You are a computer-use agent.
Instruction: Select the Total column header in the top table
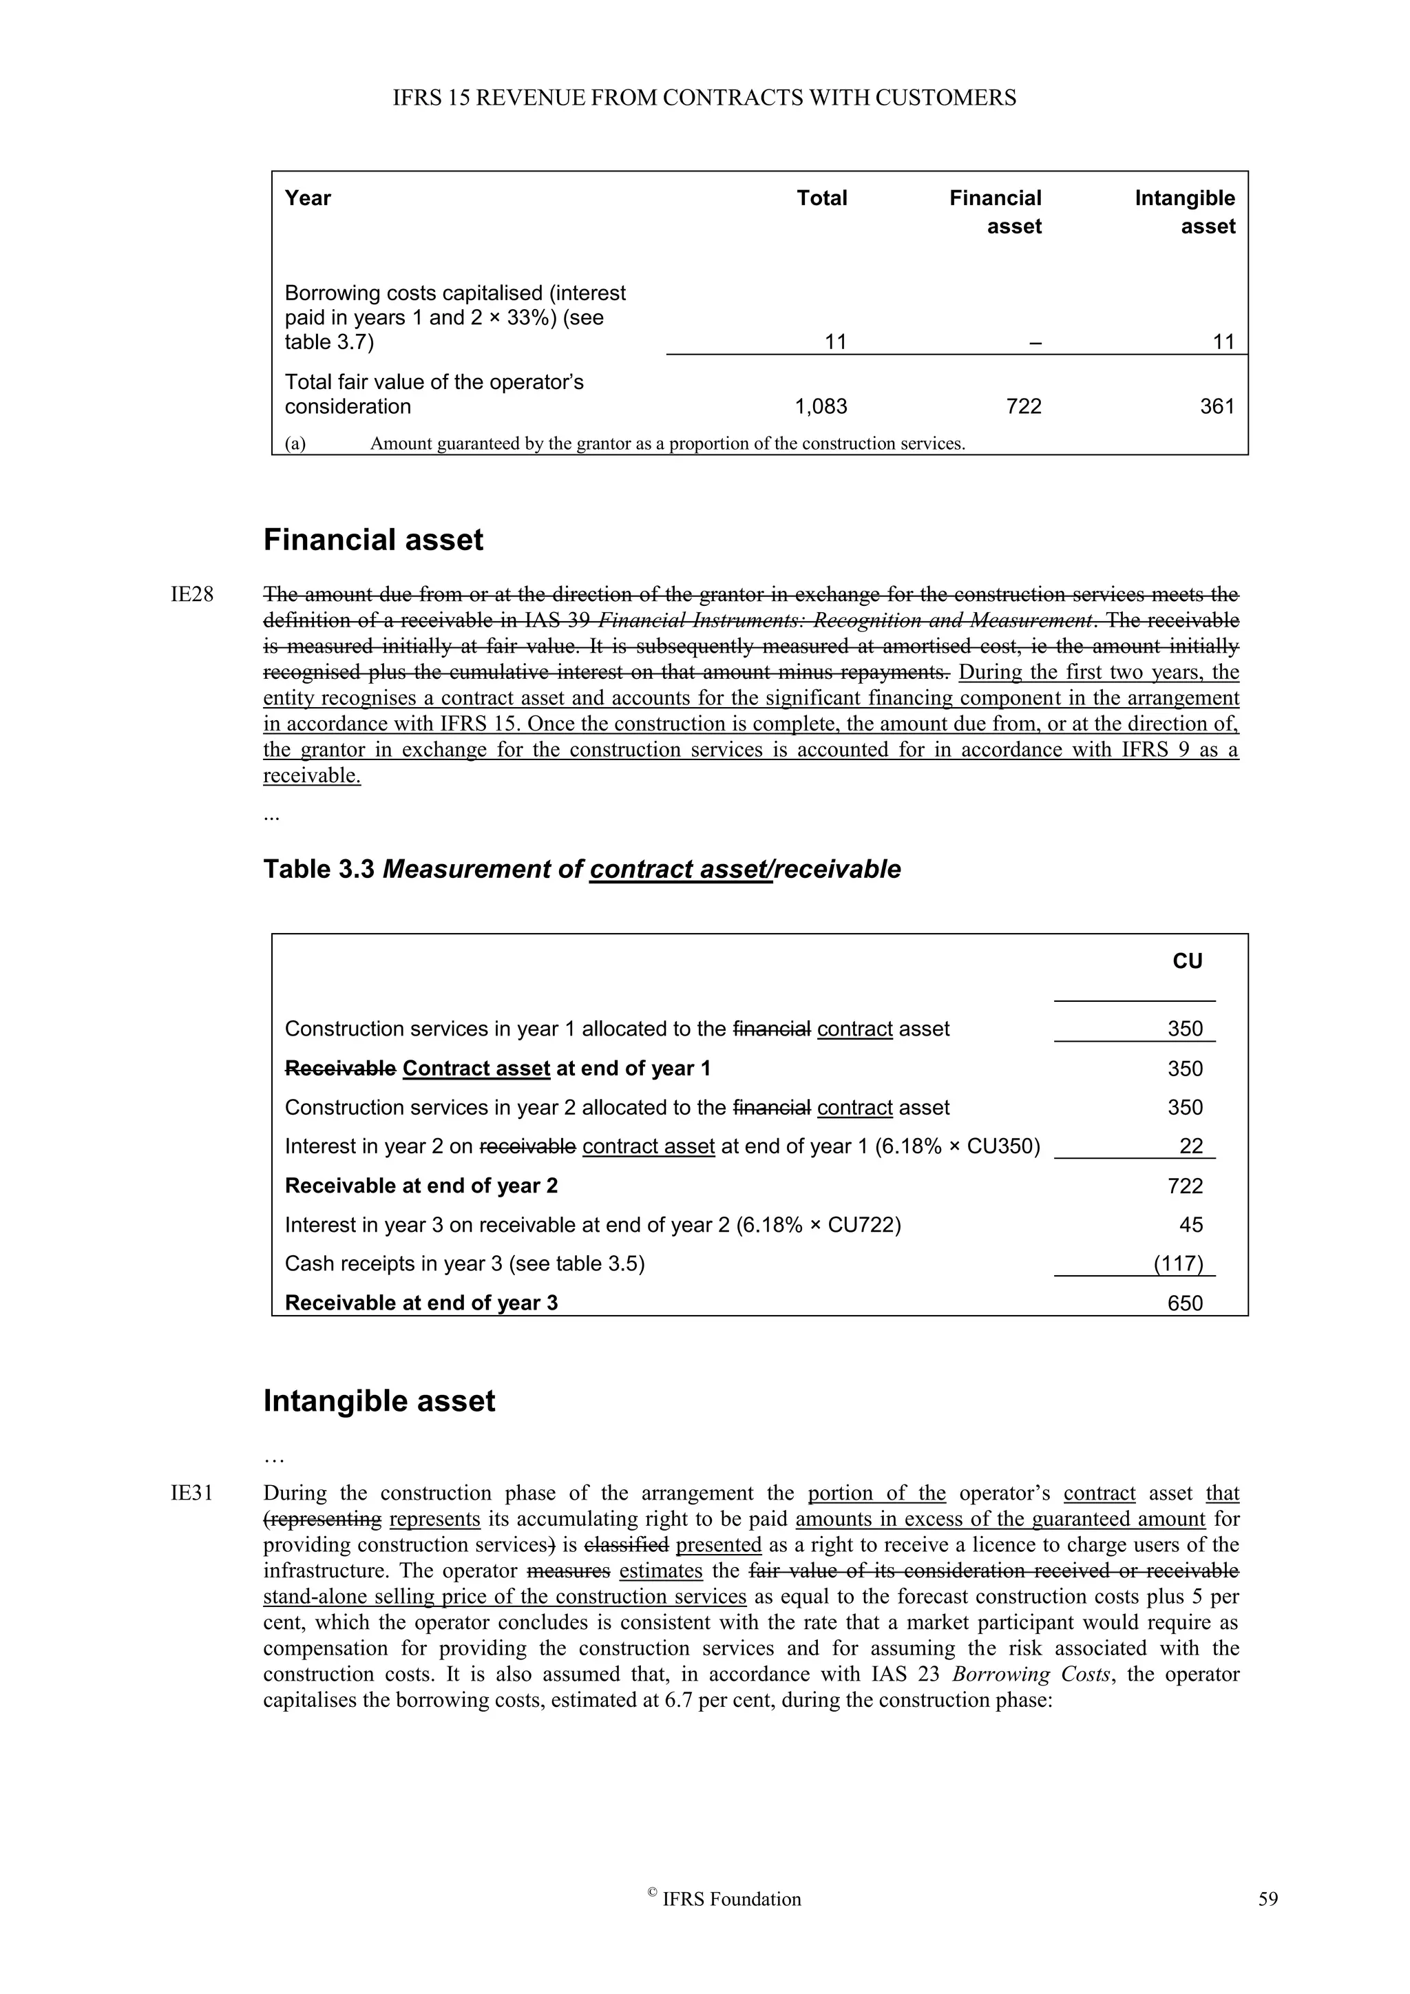pyautogui.click(x=821, y=198)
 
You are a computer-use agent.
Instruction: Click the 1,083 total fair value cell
pyautogui.click(x=821, y=406)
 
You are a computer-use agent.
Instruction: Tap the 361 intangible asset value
pyautogui.click(x=1217, y=406)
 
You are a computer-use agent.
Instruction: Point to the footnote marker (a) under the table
pyautogui.click(x=295, y=444)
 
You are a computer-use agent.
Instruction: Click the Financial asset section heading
pyautogui.click(x=372, y=541)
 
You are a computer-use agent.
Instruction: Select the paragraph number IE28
pyautogui.click(x=192, y=596)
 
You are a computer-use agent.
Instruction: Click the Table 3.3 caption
pyautogui.click(x=582, y=870)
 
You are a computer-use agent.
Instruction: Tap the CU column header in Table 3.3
pyautogui.click(x=1187, y=961)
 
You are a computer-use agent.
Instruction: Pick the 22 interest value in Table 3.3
pyautogui.click(x=1190, y=1146)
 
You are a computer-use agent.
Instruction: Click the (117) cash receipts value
pyautogui.click(x=1177, y=1263)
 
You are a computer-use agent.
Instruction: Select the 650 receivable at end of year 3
pyautogui.click(x=1184, y=1303)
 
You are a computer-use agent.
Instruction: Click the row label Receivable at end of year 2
pyautogui.click(x=421, y=1186)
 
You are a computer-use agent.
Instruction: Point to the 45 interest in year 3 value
pyautogui.click(x=1190, y=1226)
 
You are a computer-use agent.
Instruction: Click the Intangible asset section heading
pyautogui.click(x=379, y=1402)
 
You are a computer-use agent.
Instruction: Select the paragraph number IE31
pyautogui.click(x=192, y=1493)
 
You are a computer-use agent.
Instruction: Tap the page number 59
pyautogui.click(x=1267, y=1900)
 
